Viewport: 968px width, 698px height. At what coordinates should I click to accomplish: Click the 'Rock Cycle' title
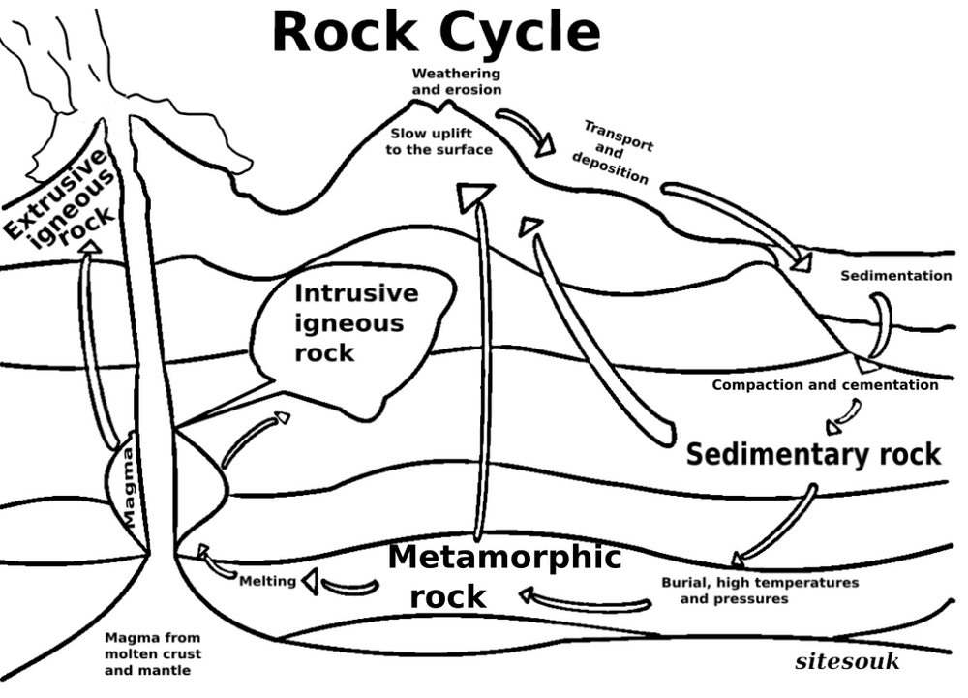(x=436, y=33)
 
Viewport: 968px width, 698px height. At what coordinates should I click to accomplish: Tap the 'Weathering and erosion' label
(x=457, y=81)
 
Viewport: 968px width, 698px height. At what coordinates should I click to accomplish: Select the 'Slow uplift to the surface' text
(x=441, y=141)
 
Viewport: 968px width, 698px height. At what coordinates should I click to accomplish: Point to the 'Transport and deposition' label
(x=614, y=151)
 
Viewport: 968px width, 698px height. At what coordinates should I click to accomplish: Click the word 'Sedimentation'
(x=895, y=276)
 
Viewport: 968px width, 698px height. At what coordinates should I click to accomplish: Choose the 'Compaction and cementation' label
(x=825, y=385)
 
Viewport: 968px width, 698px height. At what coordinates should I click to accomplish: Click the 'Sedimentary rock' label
(x=813, y=453)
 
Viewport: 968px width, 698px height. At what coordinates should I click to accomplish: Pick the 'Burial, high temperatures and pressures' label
(x=759, y=591)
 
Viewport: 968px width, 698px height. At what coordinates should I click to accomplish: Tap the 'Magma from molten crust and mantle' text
(x=152, y=653)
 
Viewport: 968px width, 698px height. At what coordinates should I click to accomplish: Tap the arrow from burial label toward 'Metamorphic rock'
(x=586, y=600)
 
